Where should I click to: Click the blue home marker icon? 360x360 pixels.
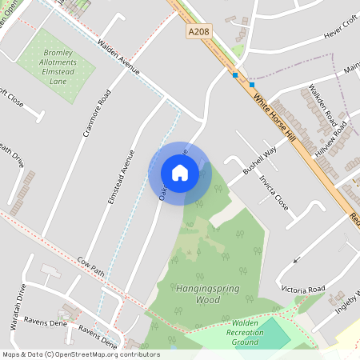point(180,172)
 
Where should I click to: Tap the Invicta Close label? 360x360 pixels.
point(274,192)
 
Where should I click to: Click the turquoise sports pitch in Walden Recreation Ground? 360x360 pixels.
point(273,334)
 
